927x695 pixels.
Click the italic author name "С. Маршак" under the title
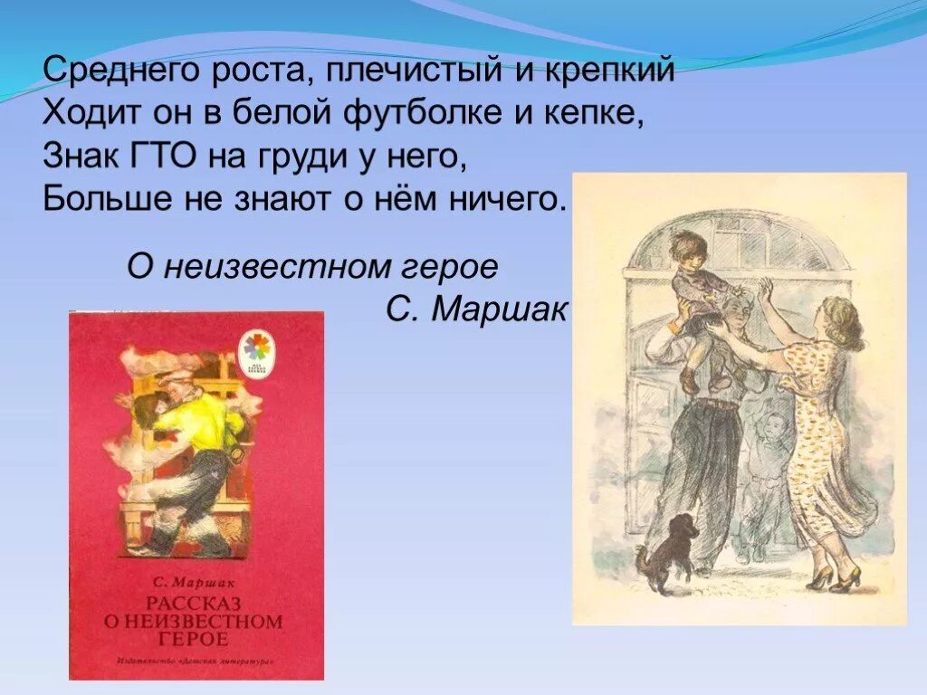475,310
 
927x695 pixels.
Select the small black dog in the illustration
671,547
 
